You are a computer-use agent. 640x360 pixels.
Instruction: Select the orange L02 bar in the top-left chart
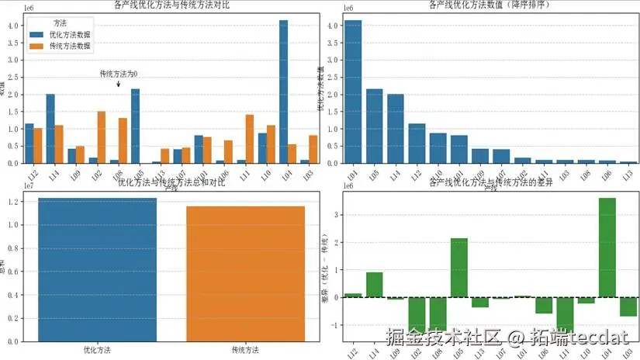(102, 137)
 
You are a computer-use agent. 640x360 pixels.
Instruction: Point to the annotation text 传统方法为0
(119, 74)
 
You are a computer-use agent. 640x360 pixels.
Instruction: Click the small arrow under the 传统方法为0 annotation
(119, 83)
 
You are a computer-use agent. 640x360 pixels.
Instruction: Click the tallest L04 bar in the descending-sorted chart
(353, 92)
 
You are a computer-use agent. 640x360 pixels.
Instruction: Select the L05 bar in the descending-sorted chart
(374, 126)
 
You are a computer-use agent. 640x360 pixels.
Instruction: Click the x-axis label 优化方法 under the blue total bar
(97, 351)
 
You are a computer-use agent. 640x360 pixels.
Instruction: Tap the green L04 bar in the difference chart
(607, 247)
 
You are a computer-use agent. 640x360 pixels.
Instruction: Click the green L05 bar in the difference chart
(458, 268)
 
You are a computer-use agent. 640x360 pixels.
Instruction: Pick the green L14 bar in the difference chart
(374, 285)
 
